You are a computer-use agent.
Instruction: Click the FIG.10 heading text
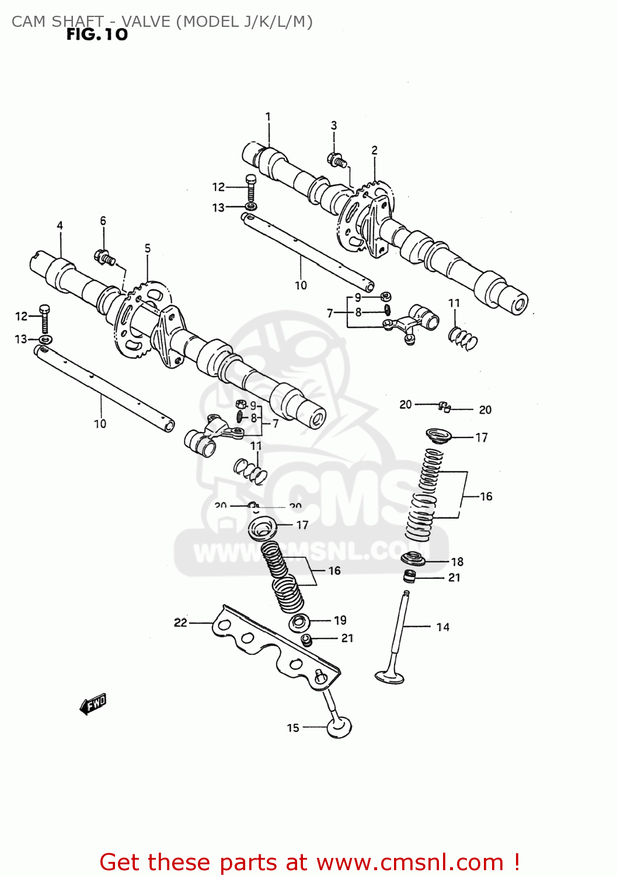(x=96, y=34)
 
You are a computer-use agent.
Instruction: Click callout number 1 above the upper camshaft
(x=268, y=117)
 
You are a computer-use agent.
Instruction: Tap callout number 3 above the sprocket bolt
(x=334, y=126)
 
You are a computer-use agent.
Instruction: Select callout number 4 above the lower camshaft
(x=60, y=225)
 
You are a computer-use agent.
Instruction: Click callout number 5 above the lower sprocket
(x=148, y=249)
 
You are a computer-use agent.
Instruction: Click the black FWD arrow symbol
(x=93, y=704)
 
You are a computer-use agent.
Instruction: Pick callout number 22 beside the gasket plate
(x=180, y=623)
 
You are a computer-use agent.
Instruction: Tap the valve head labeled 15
(x=339, y=728)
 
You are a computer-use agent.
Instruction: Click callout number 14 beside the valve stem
(x=443, y=627)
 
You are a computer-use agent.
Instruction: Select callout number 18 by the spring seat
(x=457, y=562)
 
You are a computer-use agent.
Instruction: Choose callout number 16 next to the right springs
(x=486, y=496)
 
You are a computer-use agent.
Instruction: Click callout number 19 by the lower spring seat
(x=340, y=620)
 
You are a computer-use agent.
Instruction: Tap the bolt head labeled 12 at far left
(x=44, y=310)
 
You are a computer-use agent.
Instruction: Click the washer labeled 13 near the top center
(x=250, y=207)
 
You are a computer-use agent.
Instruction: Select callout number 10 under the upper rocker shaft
(x=301, y=286)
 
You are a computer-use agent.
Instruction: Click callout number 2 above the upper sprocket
(x=375, y=151)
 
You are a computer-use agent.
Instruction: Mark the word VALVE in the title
(x=146, y=22)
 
